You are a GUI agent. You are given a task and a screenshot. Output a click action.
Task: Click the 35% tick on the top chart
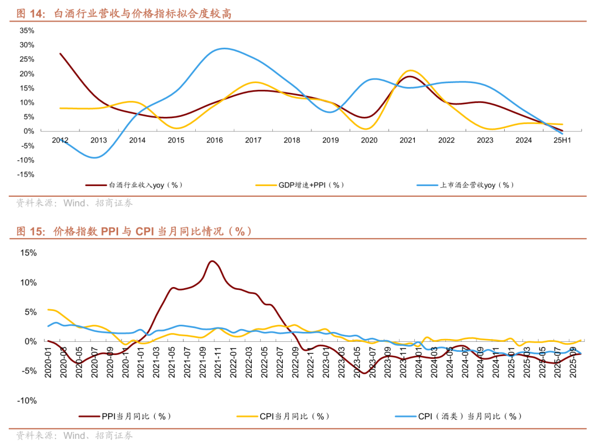pos(27,30)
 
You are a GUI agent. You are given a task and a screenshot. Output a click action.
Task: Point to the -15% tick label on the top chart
pos(26,175)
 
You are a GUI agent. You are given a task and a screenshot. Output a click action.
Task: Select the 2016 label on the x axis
pos(215,141)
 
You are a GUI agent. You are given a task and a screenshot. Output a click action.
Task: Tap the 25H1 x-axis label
pos(562,141)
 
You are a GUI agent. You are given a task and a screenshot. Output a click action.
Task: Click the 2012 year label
pos(60,141)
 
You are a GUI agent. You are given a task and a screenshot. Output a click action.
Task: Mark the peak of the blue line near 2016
pos(223,49)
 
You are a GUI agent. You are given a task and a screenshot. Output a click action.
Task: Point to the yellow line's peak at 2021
pos(410,70)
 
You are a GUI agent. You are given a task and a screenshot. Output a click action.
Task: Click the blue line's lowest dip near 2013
pos(95,158)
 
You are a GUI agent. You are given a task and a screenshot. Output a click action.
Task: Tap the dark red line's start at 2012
pos(60,54)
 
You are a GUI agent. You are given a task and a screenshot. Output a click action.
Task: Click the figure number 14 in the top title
pos(36,14)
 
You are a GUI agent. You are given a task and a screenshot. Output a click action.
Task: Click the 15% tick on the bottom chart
pos(28,253)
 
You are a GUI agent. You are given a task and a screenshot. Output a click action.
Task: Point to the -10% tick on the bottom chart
pos(27,401)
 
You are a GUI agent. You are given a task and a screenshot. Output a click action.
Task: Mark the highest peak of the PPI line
pos(212,261)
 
